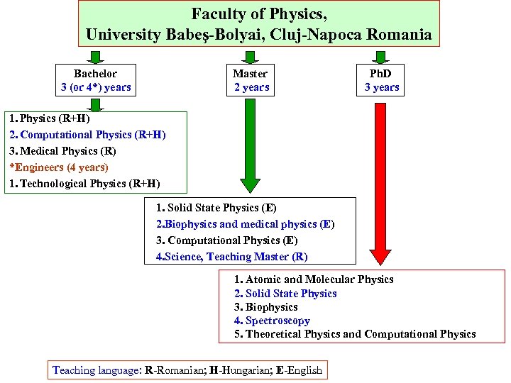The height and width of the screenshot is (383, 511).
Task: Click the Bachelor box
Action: click(96, 80)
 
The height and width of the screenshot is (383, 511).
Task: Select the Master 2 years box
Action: click(251, 80)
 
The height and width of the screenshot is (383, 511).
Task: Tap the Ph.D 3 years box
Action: click(381, 80)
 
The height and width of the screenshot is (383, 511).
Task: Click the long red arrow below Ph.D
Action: click(381, 184)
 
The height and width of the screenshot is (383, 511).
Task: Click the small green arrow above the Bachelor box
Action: click(96, 56)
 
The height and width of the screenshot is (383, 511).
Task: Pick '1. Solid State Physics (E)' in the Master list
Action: click(216, 208)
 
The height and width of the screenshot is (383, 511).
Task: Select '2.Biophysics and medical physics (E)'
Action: click(245, 224)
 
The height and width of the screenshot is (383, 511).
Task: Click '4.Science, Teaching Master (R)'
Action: click(231, 257)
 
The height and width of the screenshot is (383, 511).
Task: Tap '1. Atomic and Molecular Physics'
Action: click(314, 279)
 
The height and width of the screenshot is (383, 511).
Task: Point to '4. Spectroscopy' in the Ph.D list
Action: click(272, 321)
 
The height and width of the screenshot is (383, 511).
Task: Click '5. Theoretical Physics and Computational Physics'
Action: click(355, 334)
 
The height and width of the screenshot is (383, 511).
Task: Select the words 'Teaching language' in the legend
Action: click(96, 370)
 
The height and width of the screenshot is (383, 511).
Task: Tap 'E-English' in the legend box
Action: click(299, 370)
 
